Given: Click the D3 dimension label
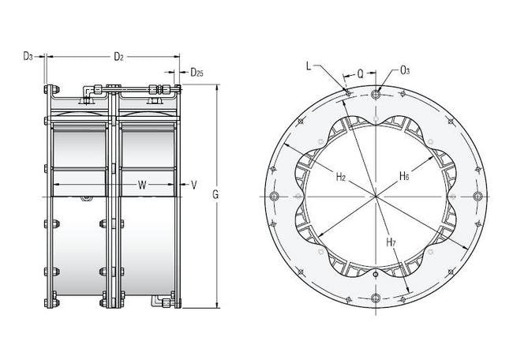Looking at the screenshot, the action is (28, 56).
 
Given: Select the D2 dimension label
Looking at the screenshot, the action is (118, 57).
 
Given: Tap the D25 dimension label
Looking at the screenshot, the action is (197, 72).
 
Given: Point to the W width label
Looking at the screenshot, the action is (142, 185).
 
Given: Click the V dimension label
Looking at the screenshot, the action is (194, 185).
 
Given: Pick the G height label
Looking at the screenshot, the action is (215, 195).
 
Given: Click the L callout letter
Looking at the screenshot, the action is (309, 66).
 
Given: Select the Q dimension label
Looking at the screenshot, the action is (360, 74).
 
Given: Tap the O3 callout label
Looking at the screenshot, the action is (405, 70).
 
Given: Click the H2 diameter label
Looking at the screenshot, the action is (341, 177).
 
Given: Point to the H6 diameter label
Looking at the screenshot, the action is (404, 176).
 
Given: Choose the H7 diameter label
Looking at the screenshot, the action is (391, 242).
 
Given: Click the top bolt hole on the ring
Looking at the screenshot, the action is (376, 95).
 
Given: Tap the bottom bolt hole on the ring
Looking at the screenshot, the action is (376, 298).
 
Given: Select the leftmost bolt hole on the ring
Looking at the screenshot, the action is (274, 197).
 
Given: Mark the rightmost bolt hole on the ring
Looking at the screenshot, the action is (477, 197).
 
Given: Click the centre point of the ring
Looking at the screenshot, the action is (376, 197).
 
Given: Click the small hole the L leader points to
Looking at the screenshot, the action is (348, 94).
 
